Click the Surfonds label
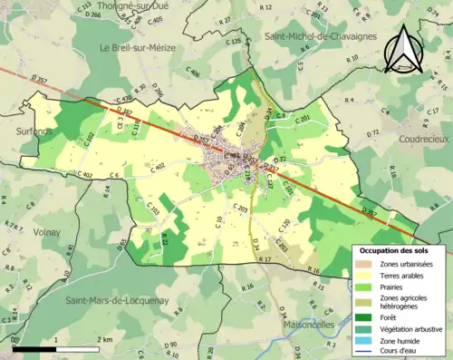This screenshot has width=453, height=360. coord(34,131)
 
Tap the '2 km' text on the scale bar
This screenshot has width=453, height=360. coord(106,339)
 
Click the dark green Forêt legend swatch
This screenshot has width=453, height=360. coord(366,316)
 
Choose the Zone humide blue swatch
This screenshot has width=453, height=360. coord(366,342)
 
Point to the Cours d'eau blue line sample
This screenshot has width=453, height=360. coord(366,353)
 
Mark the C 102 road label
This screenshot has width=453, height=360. coord(89,140)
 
